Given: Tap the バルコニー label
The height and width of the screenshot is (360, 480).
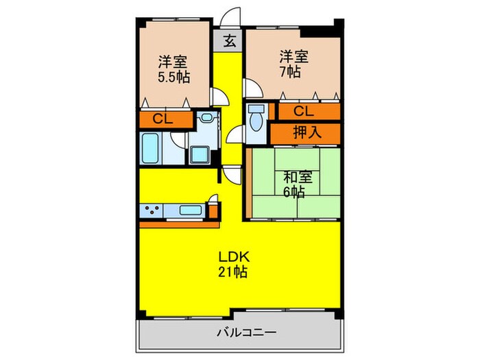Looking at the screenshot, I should pos(246,333).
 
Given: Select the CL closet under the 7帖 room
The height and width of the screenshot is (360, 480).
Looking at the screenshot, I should pos(304,110).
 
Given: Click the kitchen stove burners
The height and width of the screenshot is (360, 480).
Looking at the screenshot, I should pos(152,211).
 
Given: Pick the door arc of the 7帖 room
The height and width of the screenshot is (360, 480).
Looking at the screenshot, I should pos(251,88).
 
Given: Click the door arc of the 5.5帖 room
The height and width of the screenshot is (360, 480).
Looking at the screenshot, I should pos(218,97).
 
